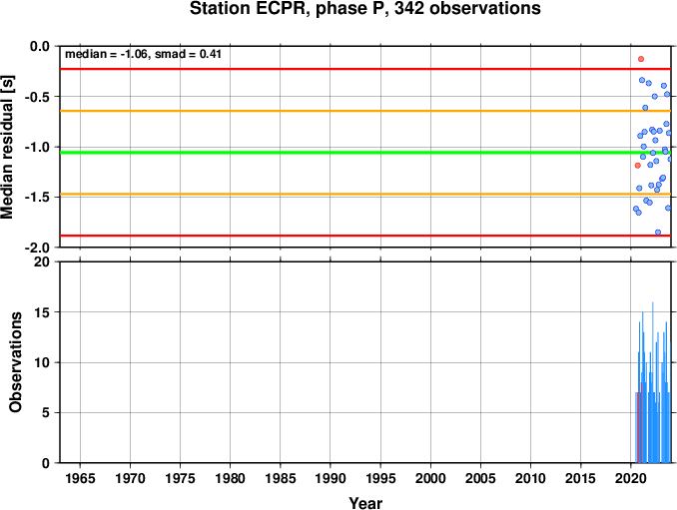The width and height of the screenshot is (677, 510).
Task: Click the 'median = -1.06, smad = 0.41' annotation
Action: [x=143, y=54]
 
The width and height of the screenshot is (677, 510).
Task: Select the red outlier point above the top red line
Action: [x=641, y=59]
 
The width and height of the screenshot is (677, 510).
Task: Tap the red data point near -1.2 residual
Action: [x=638, y=166]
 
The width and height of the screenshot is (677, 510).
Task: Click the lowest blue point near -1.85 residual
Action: [x=658, y=233]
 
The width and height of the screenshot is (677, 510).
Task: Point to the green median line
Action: [x=365, y=153]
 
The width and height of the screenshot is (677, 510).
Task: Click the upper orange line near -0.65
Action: [x=365, y=111]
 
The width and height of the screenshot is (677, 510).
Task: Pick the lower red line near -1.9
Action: [x=365, y=236]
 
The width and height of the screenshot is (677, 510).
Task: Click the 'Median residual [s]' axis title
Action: [x=8, y=147]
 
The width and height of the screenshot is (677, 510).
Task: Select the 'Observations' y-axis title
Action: [x=15, y=362]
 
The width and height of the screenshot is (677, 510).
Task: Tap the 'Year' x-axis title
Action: [x=365, y=503]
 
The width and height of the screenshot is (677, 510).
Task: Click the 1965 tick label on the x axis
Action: [x=80, y=478]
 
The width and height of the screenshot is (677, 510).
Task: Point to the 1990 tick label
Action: [x=331, y=478]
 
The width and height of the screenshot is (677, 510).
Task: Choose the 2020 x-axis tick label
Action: [x=631, y=478]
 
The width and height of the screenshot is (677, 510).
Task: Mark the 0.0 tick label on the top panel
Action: [x=40, y=46]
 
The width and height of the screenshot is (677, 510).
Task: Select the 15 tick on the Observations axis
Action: [x=42, y=312]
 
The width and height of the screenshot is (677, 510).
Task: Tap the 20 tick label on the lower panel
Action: [x=42, y=261]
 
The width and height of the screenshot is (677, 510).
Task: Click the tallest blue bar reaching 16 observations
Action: [x=652, y=382]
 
